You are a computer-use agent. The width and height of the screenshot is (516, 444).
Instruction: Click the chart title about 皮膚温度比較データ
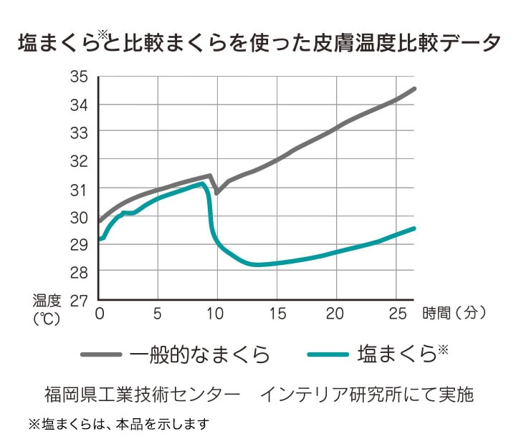pos(258,42)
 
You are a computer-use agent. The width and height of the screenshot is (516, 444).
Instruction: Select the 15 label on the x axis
pos(275,313)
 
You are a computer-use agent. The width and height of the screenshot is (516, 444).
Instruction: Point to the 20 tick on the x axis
pos(335,313)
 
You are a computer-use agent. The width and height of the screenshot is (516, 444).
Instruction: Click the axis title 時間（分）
pos(454,313)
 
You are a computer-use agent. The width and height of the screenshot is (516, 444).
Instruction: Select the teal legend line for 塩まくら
pos(329,354)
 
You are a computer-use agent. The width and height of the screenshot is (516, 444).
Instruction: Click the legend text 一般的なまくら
pos(200,354)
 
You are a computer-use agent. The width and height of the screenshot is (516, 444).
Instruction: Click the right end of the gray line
pos(415,88)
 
